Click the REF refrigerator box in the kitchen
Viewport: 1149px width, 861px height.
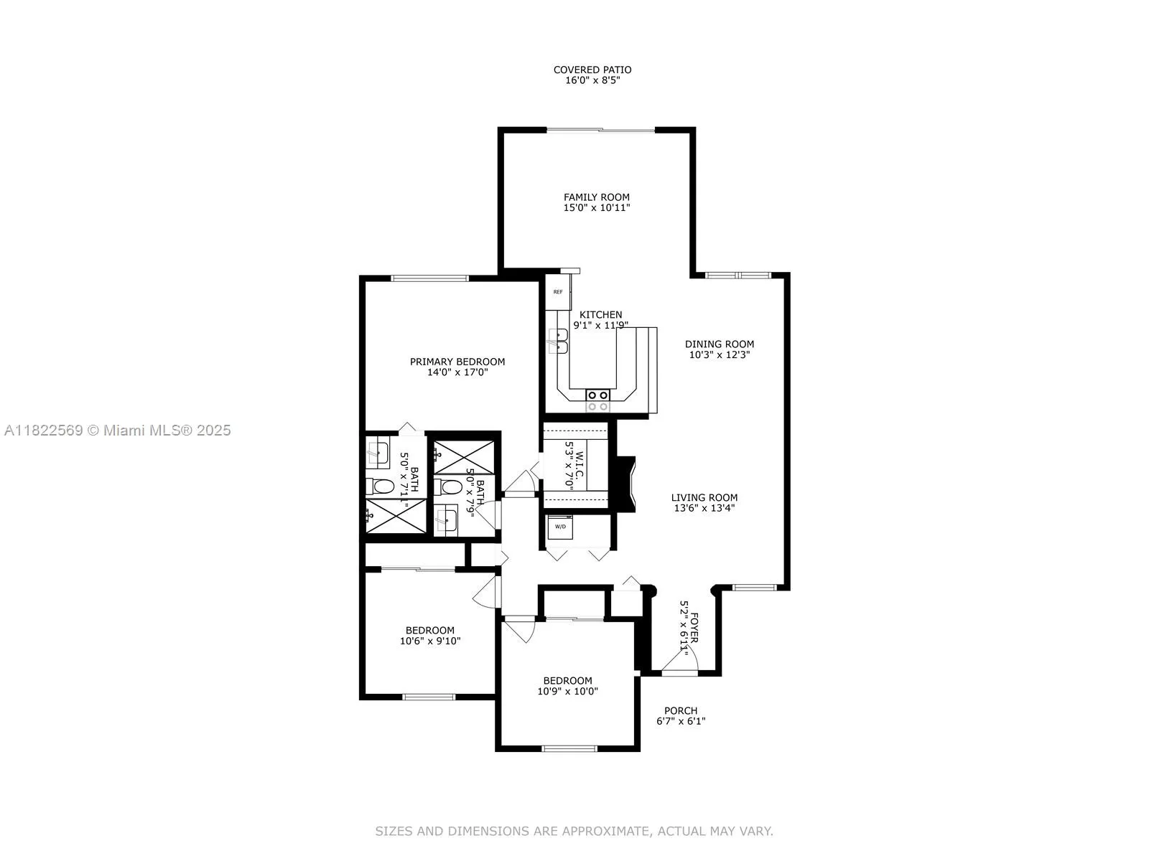coord(558,292)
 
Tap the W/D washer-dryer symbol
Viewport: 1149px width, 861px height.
coord(559,527)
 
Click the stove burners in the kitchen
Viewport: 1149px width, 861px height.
coord(598,400)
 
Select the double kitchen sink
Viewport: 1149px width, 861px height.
coord(557,342)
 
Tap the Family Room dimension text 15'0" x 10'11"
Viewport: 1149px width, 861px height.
coord(597,208)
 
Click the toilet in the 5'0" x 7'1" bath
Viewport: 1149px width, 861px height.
coord(381,487)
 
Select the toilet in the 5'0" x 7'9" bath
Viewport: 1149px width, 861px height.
coord(450,488)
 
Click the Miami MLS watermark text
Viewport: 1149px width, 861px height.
coord(118,430)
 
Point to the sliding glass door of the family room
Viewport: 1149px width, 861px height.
coord(601,131)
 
